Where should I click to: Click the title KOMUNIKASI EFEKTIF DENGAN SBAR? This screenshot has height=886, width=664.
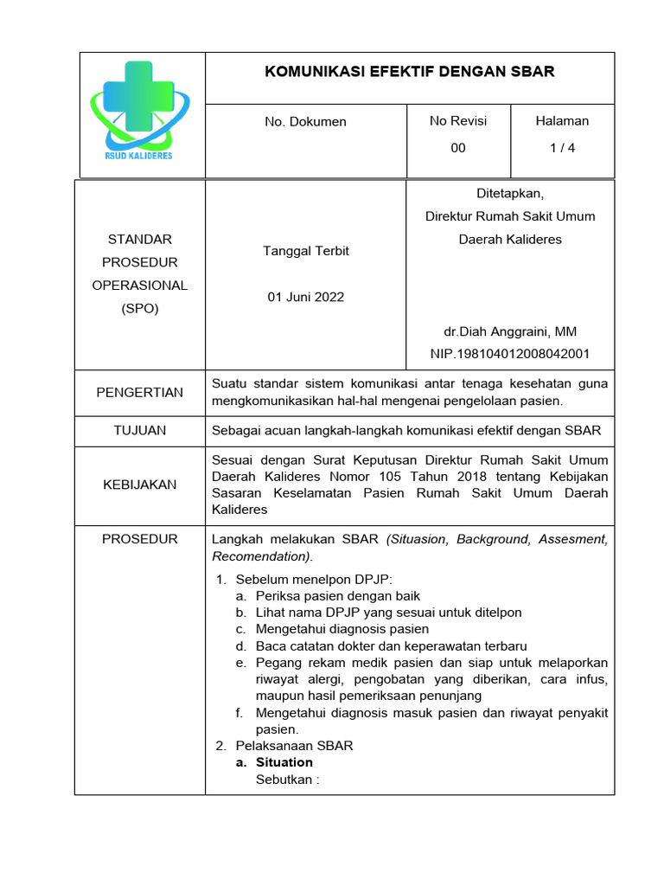(x=409, y=72)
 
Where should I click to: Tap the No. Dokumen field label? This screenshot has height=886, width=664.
(x=305, y=122)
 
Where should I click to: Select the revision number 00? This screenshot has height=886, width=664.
(x=458, y=148)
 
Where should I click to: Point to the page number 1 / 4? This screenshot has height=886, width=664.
(x=562, y=148)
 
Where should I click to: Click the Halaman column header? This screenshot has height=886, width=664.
(x=562, y=121)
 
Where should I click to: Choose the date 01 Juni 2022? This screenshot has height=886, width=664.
(x=305, y=297)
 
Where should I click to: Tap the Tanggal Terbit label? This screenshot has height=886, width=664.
(x=305, y=251)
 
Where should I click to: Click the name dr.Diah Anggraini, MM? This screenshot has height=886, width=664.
(x=510, y=331)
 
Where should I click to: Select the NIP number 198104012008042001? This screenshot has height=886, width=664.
(x=510, y=354)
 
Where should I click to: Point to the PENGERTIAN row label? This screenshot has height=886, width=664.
(x=139, y=393)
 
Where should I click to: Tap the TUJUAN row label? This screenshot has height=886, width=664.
(x=139, y=430)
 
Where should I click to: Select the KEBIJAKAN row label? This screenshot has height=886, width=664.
(x=139, y=485)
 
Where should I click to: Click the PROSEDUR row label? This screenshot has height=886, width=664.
(x=139, y=539)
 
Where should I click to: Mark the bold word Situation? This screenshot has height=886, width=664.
(x=284, y=762)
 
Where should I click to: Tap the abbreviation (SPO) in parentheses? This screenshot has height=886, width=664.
(x=139, y=308)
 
